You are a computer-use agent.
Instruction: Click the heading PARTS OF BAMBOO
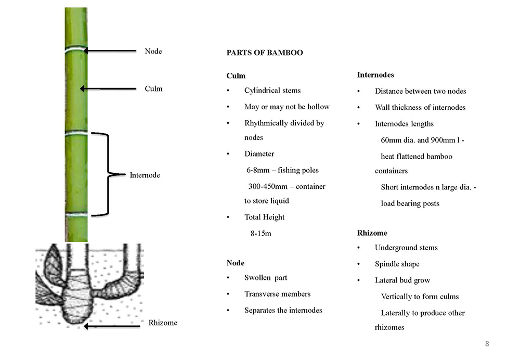click(x=265, y=53)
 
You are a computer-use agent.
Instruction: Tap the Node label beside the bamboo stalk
click(x=153, y=51)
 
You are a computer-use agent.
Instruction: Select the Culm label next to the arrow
click(x=153, y=88)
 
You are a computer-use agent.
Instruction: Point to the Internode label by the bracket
click(x=145, y=175)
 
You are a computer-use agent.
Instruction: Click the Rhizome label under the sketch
click(x=163, y=323)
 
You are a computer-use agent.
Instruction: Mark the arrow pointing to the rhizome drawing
click(x=112, y=327)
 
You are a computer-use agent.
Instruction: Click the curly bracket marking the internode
click(x=109, y=174)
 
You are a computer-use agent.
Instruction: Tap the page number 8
click(x=487, y=344)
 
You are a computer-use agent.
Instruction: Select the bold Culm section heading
click(x=236, y=75)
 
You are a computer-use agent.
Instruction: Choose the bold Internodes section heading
click(x=375, y=75)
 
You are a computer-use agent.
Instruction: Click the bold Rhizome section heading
click(x=372, y=233)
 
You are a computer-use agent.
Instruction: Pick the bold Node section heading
click(x=236, y=263)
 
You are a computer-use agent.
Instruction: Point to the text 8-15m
click(x=261, y=234)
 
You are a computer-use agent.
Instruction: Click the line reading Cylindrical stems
click(x=272, y=91)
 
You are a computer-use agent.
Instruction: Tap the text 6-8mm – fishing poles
click(x=282, y=170)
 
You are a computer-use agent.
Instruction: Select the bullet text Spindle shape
click(x=397, y=264)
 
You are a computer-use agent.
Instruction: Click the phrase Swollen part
click(x=266, y=278)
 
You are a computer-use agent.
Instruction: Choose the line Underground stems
click(x=406, y=248)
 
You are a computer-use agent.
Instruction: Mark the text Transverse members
click(x=278, y=294)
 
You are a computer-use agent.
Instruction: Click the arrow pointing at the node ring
click(x=110, y=51)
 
